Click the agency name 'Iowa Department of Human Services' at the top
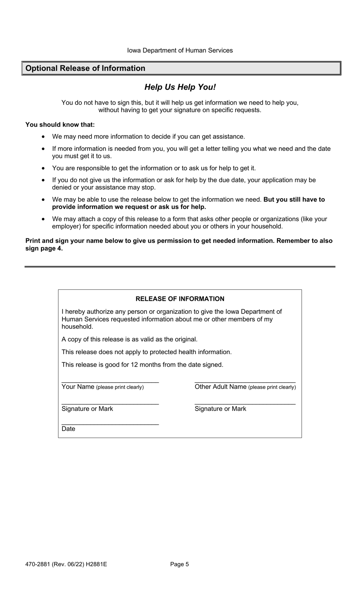click(180, 50)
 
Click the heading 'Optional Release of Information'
click(85, 68)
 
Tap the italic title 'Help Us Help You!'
click(180, 87)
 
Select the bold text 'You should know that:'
click(60, 125)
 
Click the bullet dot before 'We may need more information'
click(44, 136)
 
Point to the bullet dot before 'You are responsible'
click(44, 168)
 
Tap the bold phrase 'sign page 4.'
click(44, 248)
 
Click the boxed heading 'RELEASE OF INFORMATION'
click(180, 299)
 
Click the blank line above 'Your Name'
click(110, 381)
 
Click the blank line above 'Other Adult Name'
click(245, 381)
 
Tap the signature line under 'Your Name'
click(110, 403)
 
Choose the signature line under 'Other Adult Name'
click(245, 403)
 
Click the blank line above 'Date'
click(110, 423)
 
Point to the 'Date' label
click(68, 429)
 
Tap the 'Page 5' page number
click(180, 564)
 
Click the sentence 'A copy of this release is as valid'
click(130, 339)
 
